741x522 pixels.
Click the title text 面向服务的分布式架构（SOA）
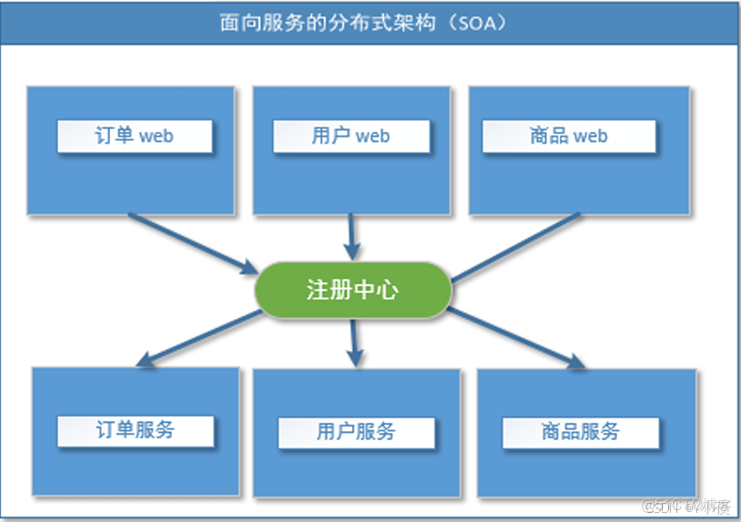(363, 22)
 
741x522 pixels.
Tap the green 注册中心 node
(352, 290)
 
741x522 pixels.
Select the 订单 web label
(134, 136)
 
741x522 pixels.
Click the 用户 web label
(350, 136)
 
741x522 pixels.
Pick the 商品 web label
(568, 136)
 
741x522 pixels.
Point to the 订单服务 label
(135, 430)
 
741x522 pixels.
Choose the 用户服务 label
(356, 431)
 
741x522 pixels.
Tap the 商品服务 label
(580, 431)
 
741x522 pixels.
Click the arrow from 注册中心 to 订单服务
(196, 337)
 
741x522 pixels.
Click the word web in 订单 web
(156, 136)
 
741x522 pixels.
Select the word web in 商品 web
(590, 136)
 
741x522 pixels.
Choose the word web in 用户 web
(372, 136)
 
